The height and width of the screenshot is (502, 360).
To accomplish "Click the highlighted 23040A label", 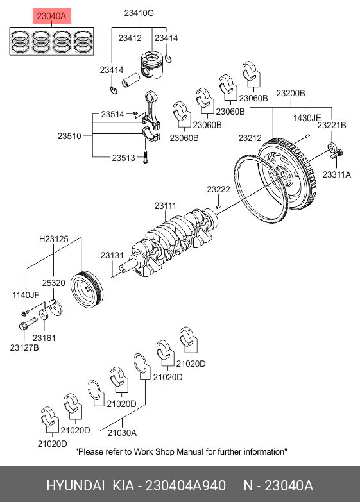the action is [x=51, y=16].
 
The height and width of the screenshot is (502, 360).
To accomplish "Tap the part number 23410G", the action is [x=139, y=13].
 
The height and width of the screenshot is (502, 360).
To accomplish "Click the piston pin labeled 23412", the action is [x=131, y=80].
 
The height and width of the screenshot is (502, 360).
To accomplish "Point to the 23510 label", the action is [x=69, y=136].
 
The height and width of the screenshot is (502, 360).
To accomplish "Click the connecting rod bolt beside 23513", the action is [x=145, y=156].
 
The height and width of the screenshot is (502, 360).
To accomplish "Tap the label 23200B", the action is [x=291, y=93].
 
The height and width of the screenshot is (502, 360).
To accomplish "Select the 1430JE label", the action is [x=307, y=118].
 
